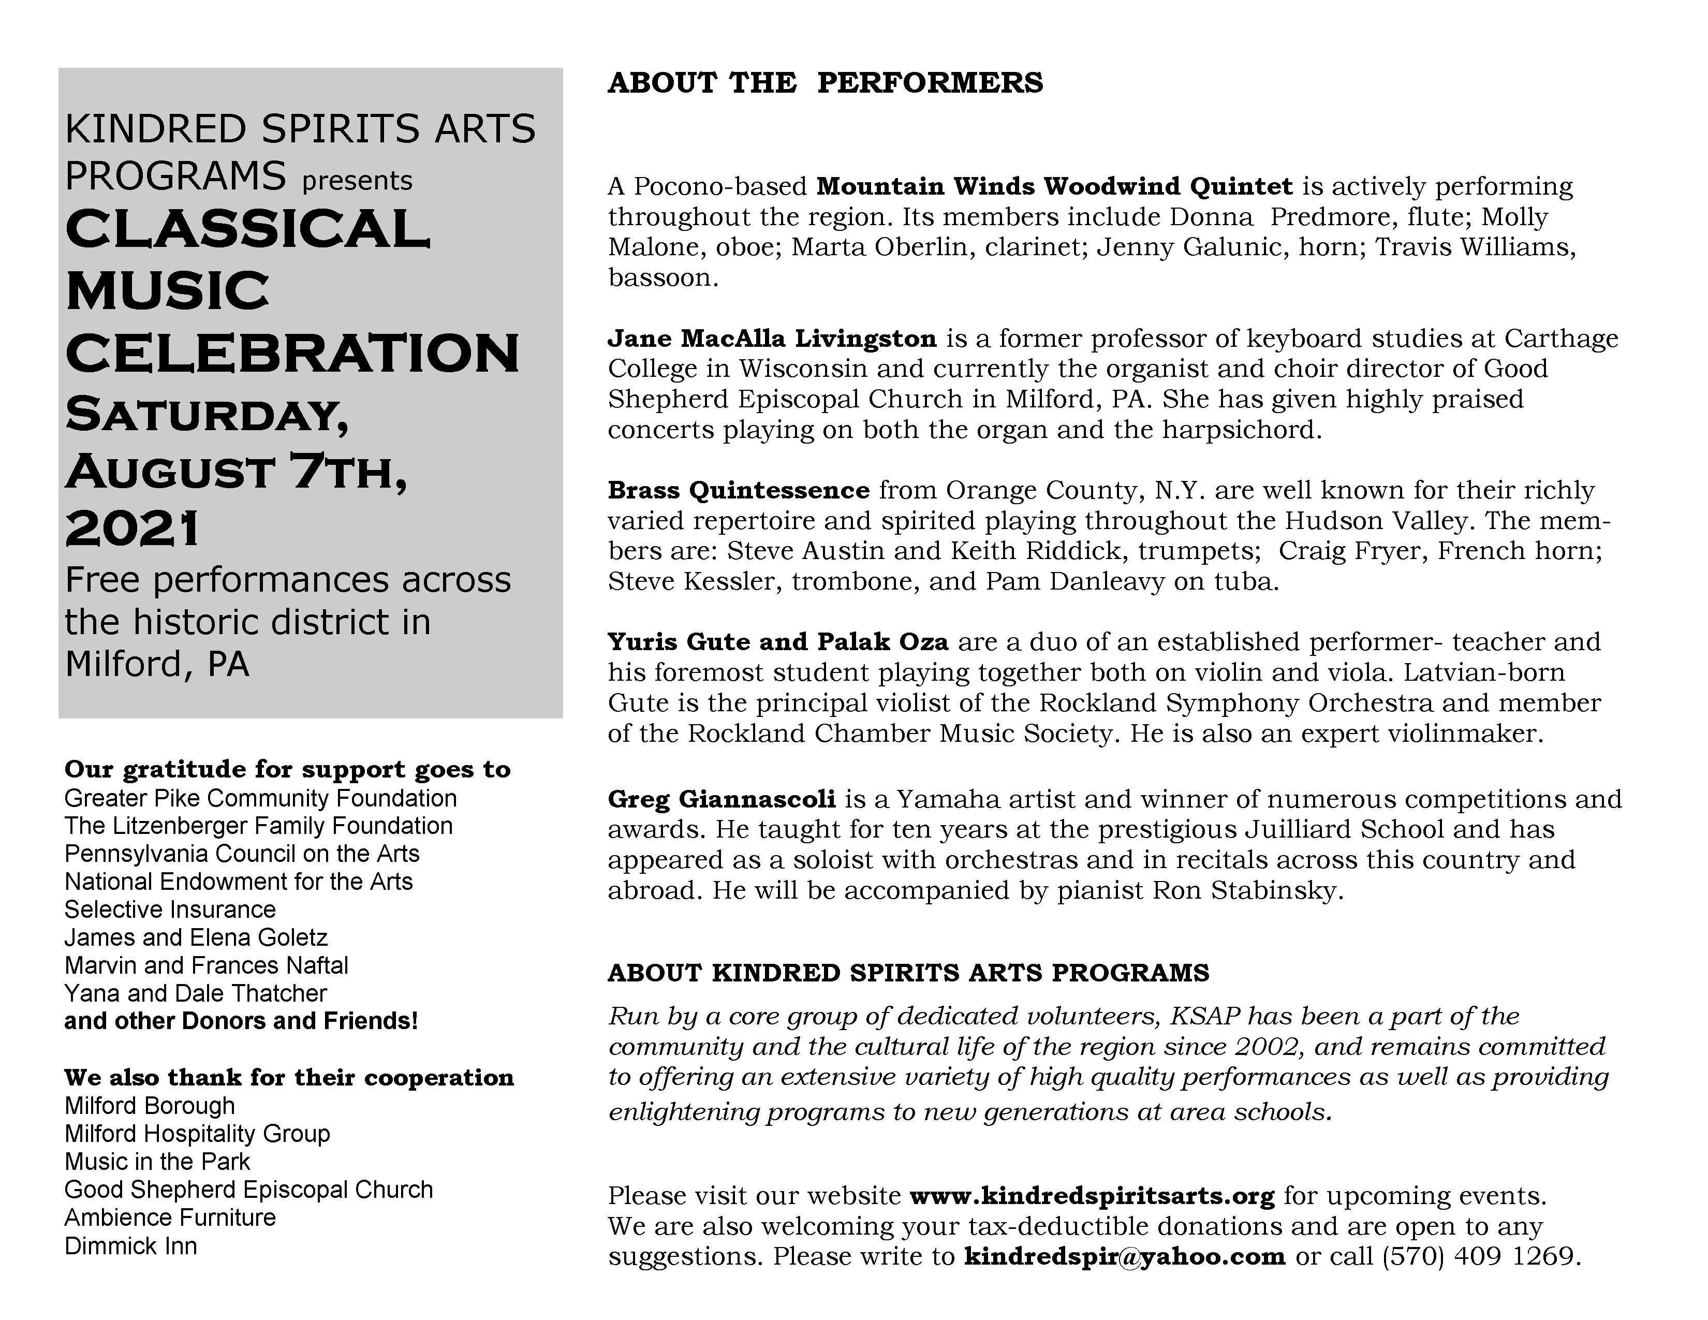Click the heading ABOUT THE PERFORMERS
[x=825, y=83]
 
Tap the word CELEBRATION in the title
[x=292, y=354]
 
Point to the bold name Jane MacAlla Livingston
[x=772, y=339]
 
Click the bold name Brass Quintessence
[x=738, y=490]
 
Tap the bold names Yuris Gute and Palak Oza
[x=777, y=642]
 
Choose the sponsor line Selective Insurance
[x=170, y=910]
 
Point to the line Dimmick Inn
[x=130, y=1245]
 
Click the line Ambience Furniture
[x=170, y=1218]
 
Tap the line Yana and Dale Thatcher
[x=196, y=993]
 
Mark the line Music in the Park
[x=157, y=1161]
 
